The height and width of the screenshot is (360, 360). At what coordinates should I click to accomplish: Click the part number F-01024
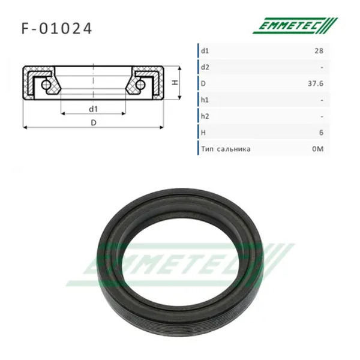point(56,28)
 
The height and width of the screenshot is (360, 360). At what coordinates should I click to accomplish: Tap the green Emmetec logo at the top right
point(295,25)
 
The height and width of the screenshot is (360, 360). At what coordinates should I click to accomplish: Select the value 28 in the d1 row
point(319,51)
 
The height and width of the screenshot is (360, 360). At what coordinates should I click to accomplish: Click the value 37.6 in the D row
point(316,83)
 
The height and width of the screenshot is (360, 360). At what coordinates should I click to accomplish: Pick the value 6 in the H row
point(321,133)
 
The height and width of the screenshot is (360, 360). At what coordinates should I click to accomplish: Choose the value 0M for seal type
point(318,149)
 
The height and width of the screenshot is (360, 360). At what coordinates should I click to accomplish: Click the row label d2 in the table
point(205,67)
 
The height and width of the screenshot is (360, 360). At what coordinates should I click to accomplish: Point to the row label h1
point(205,100)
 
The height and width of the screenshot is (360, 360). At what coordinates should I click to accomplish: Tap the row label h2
point(205,116)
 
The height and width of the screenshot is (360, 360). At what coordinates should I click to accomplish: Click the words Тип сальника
point(226,149)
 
